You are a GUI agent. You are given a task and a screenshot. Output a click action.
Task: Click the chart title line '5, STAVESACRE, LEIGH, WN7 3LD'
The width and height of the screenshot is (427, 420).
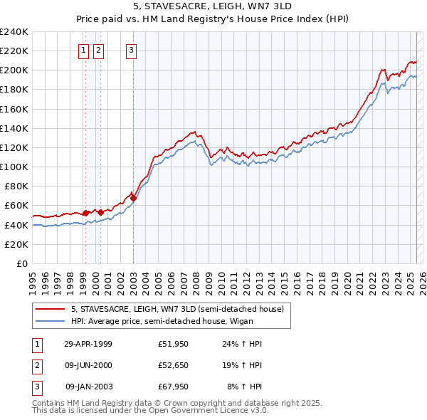(x=213, y=7)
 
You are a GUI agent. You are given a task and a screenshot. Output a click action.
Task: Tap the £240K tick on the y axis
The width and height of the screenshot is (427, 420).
(x=14, y=31)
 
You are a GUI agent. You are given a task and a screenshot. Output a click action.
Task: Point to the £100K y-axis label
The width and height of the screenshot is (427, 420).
(x=14, y=167)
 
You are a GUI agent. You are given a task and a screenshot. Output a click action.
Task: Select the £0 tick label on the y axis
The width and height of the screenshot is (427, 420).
(x=21, y=263)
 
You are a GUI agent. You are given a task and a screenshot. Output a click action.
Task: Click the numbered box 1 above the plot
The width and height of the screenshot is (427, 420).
(x=84, y=50)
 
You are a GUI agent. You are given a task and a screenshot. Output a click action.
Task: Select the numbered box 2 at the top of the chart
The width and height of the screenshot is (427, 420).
(x=98, y=50)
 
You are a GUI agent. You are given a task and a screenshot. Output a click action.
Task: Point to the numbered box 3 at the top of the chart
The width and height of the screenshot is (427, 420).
(x=132, y=50)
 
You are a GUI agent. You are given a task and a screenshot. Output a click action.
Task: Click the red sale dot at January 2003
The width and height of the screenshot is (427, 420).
(x=134, y=198)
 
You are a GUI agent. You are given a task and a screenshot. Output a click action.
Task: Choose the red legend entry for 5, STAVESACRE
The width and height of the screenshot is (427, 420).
(x=177, y=309)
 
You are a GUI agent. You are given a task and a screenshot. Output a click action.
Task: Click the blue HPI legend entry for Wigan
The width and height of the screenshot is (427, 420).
(x=177, y=321)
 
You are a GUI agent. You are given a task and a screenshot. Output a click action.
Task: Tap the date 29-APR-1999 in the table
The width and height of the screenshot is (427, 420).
(x=88, y=344)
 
